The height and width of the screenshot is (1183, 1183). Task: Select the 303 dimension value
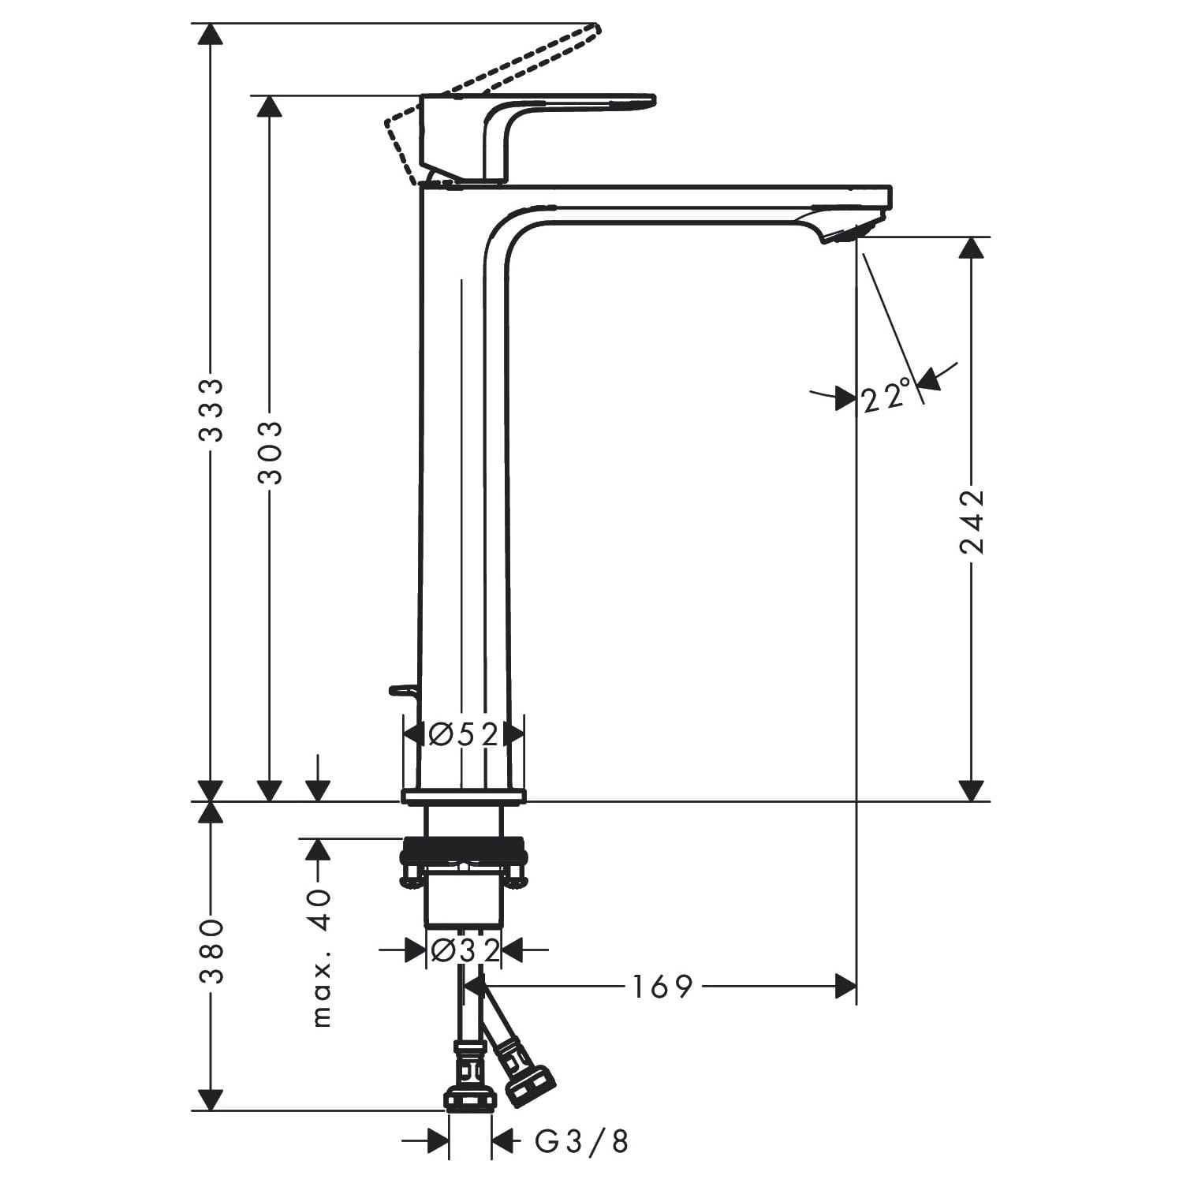271,452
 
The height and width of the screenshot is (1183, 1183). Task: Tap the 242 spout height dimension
972,521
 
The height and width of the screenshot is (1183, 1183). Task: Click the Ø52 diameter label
464,734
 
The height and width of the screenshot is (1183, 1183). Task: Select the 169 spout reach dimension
662,986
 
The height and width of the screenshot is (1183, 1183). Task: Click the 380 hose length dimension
211,951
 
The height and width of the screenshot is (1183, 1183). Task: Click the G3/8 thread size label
582,1141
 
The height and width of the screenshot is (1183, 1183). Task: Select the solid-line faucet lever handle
568,106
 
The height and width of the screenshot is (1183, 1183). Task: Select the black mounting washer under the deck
463,850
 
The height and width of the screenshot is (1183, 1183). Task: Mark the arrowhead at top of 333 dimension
210,35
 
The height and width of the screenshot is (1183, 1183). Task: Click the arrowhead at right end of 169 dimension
845,986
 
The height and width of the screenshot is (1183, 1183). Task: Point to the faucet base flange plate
463,796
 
